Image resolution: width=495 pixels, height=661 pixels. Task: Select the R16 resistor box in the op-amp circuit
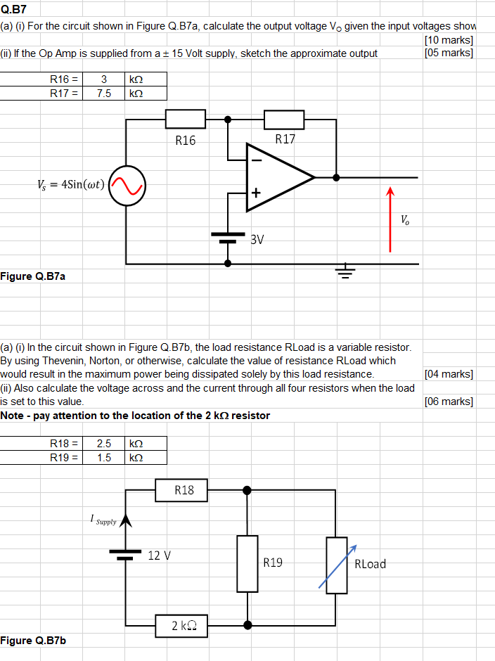[185, 120]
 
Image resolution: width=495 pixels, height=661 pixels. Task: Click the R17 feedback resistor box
[284, 120]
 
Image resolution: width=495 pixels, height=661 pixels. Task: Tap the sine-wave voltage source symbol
[127, 186]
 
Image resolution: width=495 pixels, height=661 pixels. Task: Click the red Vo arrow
[390, 219]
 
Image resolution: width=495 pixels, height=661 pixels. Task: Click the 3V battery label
[257, 240]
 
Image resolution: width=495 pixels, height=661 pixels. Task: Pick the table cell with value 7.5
[103, 93]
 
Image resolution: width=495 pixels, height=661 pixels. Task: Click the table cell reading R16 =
[63, 79]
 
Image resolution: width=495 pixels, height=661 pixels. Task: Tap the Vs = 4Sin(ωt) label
[70, 185]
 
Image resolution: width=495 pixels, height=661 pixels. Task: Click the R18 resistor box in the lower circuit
[184, 490]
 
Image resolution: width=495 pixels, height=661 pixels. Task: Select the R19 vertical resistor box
[247, 563]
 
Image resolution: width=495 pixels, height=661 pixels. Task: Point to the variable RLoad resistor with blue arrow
[335, 563]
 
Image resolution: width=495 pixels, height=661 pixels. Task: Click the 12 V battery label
[160, 556]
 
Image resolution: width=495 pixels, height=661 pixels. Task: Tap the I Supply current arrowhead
[127, 521]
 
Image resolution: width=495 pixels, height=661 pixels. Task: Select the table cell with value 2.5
[103, 444]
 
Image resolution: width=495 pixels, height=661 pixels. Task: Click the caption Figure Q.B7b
[33, 641]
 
